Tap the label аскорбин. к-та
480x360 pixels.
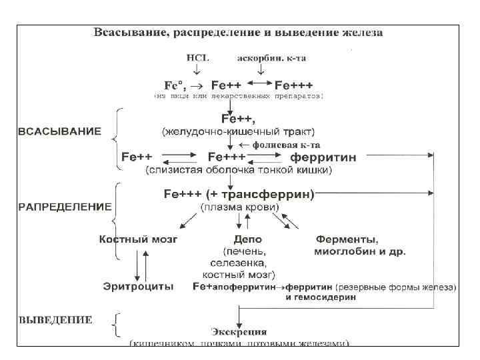tap(272, 58)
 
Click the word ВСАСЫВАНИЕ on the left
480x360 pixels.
tap(59, 131)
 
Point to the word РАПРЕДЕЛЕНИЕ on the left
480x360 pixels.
tap(64, 207)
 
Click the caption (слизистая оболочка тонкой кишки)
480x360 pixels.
tap(239, 171)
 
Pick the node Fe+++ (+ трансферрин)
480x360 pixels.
tap(239, 194)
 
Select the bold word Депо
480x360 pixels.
tap(247, 239)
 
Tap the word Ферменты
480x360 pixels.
tap(347, 239)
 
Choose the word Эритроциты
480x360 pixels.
tap(138, 287)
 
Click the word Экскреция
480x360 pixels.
tap(239, 331)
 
